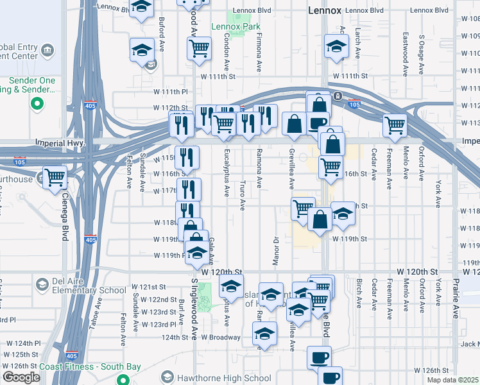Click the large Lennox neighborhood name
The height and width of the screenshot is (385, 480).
tap(324, 10)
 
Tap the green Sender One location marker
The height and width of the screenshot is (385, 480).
tap(37, 103)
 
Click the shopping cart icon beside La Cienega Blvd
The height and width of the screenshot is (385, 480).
tap(55, 177)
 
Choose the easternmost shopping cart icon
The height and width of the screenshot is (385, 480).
tap(395, 125)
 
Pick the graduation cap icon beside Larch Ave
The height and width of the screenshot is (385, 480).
tap(336, 47)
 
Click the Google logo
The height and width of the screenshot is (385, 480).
tap(21, 377)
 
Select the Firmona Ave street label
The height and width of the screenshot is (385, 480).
tap(259, 53)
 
